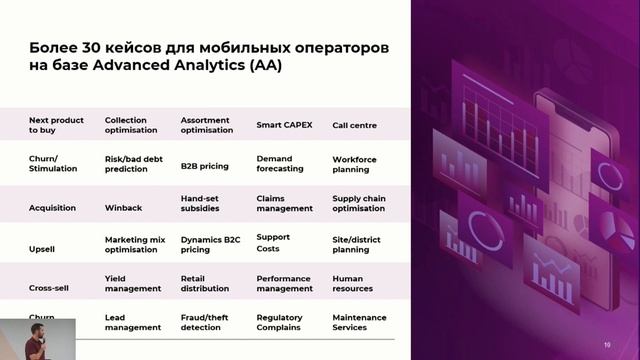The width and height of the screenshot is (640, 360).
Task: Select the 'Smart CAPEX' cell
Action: coord(284,125)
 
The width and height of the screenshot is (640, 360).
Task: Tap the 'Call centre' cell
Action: coord(354,125)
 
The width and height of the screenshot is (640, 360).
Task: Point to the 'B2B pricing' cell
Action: coord(203,164)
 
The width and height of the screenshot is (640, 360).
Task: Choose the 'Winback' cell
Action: coord(123,208)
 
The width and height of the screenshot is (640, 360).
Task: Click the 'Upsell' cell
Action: coord(42,246)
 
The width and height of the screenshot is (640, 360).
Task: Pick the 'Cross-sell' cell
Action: coord(48,288)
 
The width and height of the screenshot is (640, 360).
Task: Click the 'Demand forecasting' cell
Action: coord(280,164)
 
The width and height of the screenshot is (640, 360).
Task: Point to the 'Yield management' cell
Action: coord(132,284)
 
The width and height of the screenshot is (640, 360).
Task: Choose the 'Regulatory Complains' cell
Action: coord(279,322)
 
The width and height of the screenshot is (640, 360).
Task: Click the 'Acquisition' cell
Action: coord(51,208)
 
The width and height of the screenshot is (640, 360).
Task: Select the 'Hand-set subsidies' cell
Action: coord(206,203)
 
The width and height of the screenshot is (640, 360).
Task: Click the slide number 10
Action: coord(607,345)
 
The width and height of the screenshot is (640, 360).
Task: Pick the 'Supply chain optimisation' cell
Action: coord(358,203)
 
